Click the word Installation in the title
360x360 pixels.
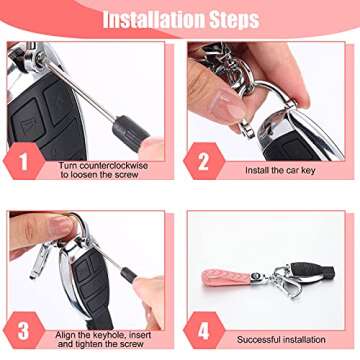pyautogui.click(x=148, y=19)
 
